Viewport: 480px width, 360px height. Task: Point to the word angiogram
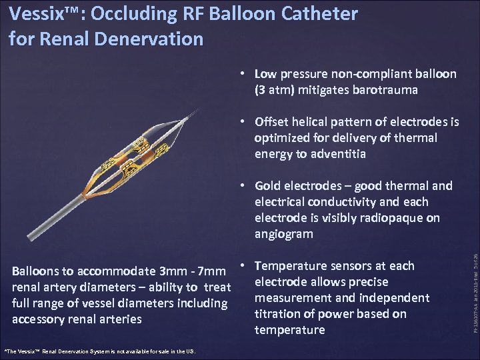coord(284,234)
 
